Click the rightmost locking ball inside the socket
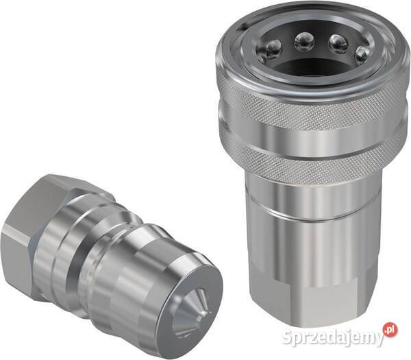pyautogui.click(x=362, y=55)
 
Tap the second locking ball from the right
pyautogui.click(x=338, y=43)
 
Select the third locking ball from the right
pyautogui.click(x=304, y=42)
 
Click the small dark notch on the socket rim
pyautogui.click(x=245, y=25)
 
